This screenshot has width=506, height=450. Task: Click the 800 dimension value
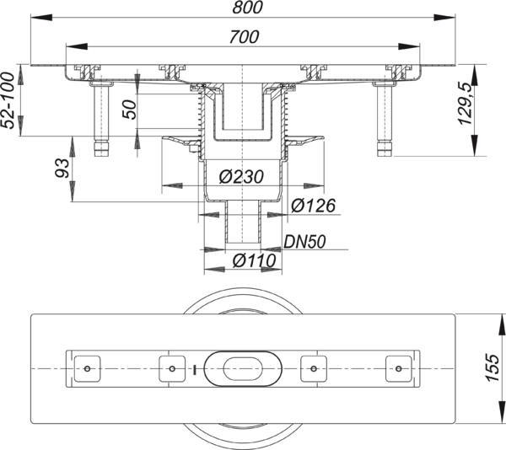[250, 8]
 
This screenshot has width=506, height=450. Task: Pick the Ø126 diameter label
[315, 205]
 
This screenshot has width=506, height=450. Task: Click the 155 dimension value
[493, 368]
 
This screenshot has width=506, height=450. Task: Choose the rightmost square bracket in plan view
[397, 368]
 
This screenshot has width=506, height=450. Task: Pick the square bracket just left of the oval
[171, 368]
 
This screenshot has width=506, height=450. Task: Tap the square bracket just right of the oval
[314, 368]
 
